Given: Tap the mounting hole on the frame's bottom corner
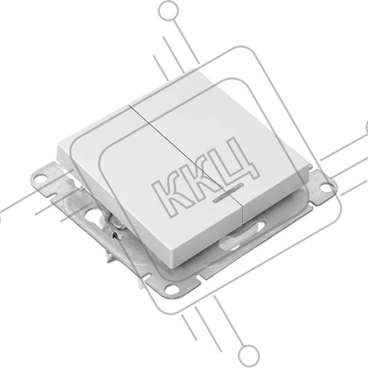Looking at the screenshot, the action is pyautogui.click(x=172, y=288).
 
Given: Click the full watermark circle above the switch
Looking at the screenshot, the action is pyautogui.click(x=169, y=11).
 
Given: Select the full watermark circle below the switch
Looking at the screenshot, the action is pyautogui.click(x=249, y=355).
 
